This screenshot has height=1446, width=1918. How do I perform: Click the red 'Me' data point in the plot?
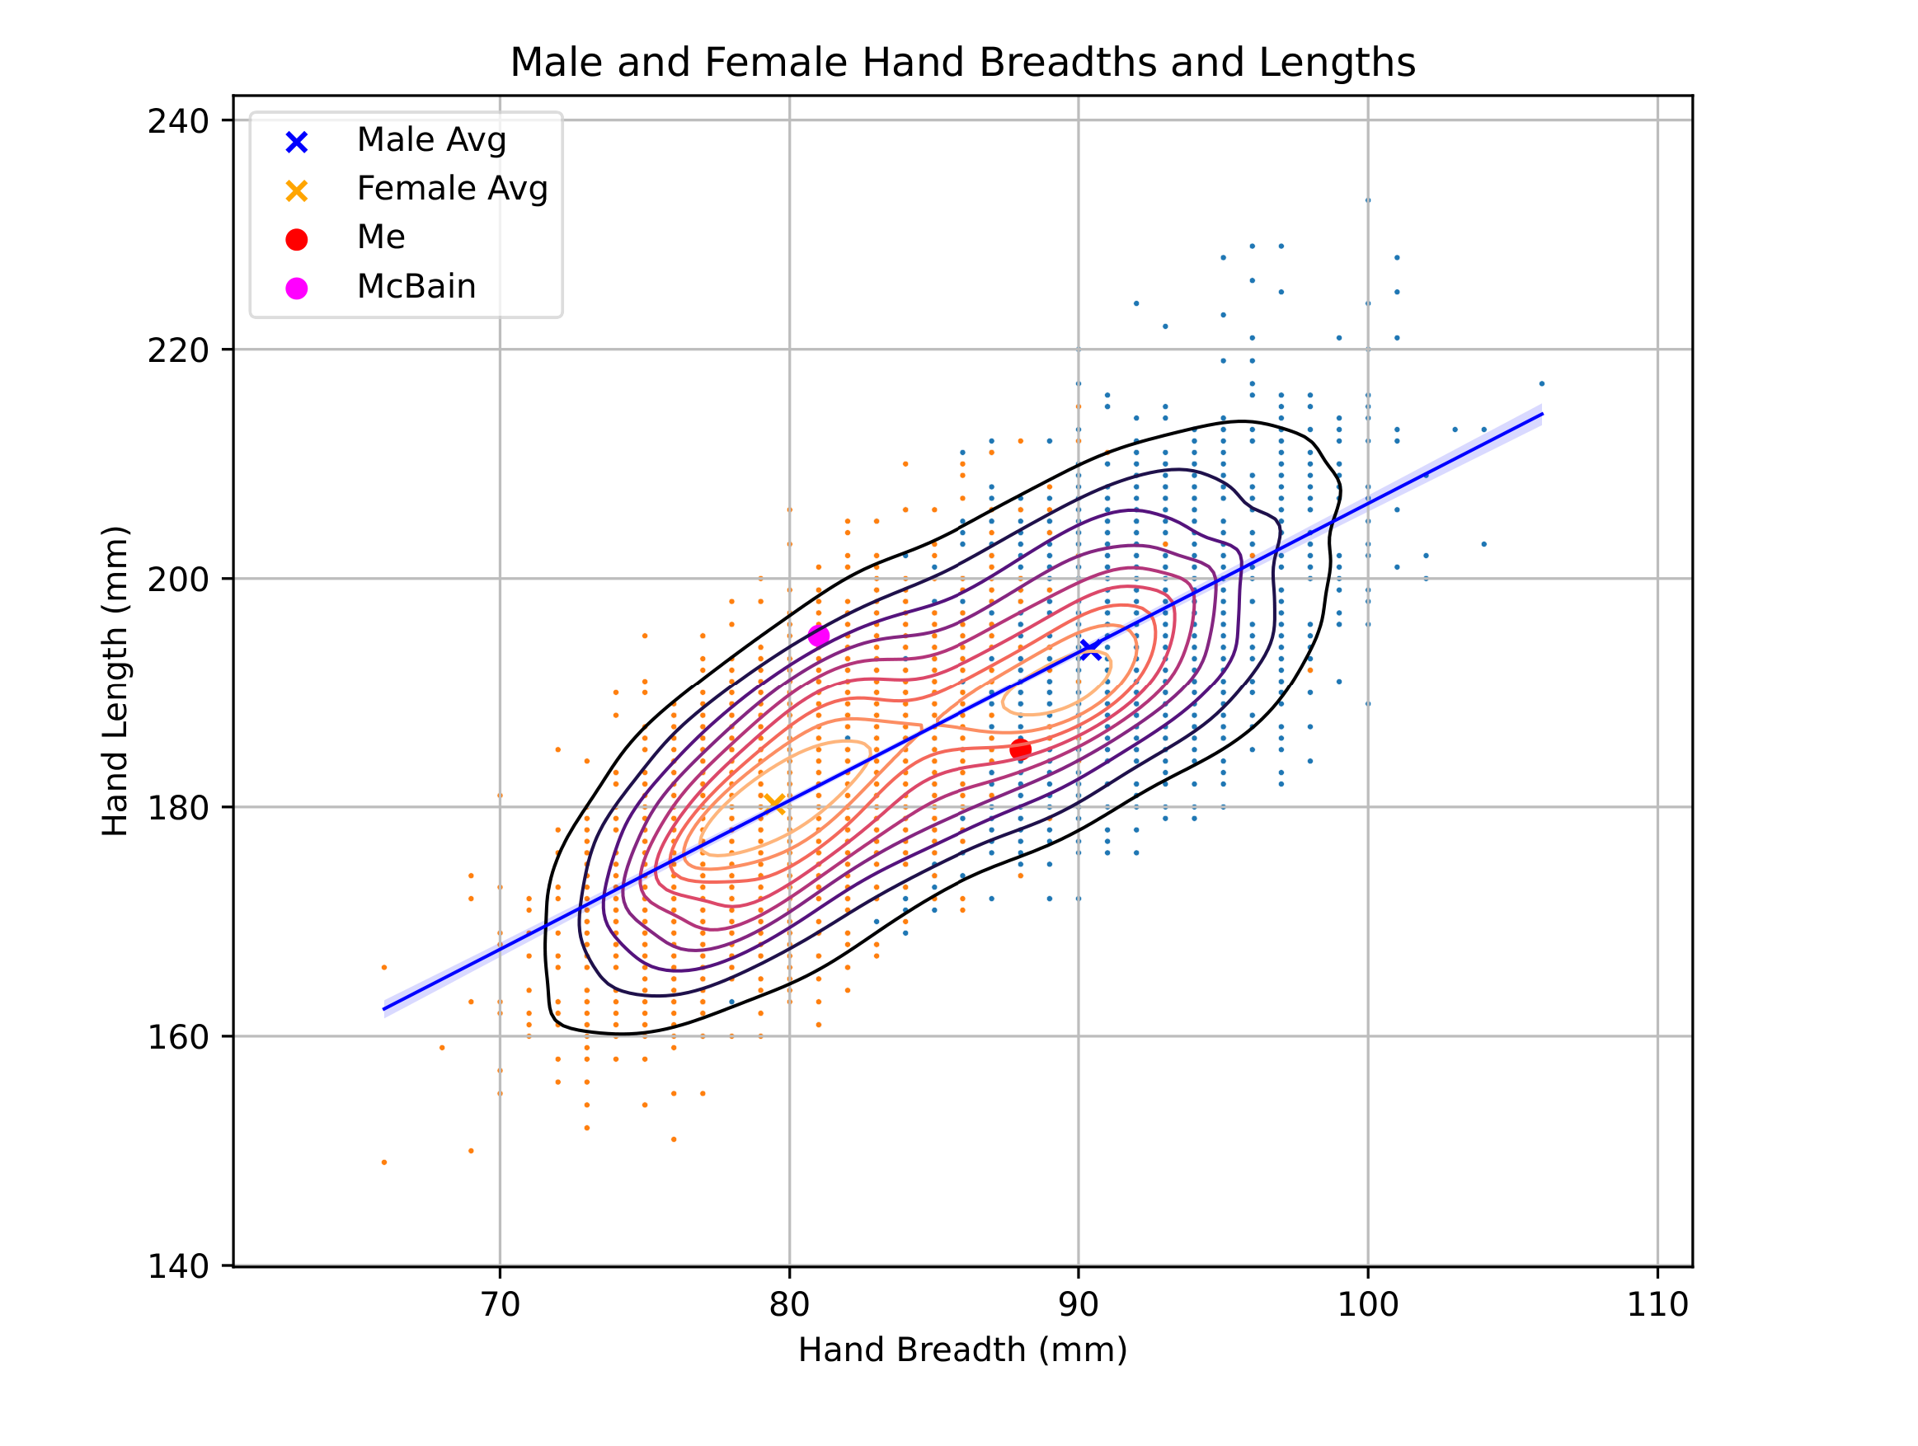coord(1021,749)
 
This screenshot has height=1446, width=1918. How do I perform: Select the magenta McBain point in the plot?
coord(819,636)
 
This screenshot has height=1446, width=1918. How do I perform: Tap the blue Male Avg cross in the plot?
coord(1090,650)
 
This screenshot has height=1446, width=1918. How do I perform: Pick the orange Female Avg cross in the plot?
coord(775,804)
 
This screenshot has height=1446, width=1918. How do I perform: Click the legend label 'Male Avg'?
coord(431,139)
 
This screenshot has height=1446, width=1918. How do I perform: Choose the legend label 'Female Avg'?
coord(452,188)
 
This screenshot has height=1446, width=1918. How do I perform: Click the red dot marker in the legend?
coord(297,240)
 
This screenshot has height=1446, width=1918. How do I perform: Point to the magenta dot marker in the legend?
coord(297,289)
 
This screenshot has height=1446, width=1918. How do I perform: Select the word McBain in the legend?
coord(416,286)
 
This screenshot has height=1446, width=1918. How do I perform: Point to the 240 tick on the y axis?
coord(178,121)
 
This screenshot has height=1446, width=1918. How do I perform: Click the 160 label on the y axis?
coord(178,1037)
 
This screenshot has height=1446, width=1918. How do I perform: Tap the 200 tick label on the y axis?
coord(178,579)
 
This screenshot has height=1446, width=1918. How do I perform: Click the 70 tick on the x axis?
coord(500,1305)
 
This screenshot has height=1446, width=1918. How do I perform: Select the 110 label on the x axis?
coord(1657,1305)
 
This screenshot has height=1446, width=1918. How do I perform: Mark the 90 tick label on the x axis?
coord(1078,1305)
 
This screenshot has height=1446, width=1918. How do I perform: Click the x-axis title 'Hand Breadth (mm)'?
coord(962,1350)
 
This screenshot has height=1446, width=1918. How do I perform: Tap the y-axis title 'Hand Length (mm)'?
coord(115,680)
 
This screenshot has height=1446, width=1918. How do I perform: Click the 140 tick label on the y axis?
coord(178,1266)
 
